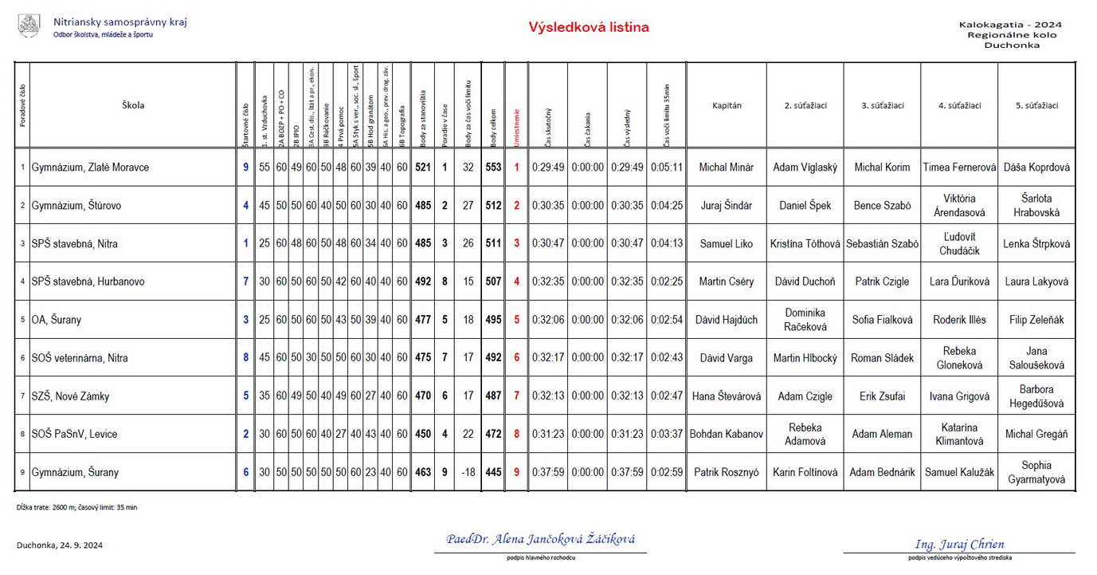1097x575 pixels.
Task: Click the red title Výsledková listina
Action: pyautogui.click(x=589, y=27)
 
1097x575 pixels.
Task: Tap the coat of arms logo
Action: pyautogui.click(x=29, y=26)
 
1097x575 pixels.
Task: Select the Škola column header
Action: pyautogui.click(x=133, y=105)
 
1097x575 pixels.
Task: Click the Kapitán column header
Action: pyautogui.click(x=726, y=105)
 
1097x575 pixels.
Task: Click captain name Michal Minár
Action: pyautogui.click(x=726, y=167)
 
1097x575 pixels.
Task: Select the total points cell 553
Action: pyautogui.click(x=493, y=167)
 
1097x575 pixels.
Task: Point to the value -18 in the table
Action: pyautogui.click(x=468, y=472)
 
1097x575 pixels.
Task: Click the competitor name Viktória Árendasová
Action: pyautogui.click(x=959, y=206)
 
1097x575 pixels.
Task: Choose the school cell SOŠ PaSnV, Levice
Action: pyautogui.click(x=74, y=434)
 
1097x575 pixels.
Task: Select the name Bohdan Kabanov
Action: pyautogui.click(x=726, y=434)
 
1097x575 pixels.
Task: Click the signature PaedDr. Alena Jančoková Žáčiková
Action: pyautogui.click(x=540, y=539)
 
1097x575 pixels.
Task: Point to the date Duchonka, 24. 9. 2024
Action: pyautogui.click(x=60, y=545)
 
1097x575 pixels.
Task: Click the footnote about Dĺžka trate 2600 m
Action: pyautogui.click(x=76, y=507)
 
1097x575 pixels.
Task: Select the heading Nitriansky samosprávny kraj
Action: pyautogui.click(x=120, y=22)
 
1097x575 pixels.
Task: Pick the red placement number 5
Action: pyautogui.click(x=516, y=320)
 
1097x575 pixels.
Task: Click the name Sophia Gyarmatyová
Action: pyautogui.click(x=1036, y=472)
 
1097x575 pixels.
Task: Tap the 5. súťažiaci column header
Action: pyautogui.click(x=1036, y=105)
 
